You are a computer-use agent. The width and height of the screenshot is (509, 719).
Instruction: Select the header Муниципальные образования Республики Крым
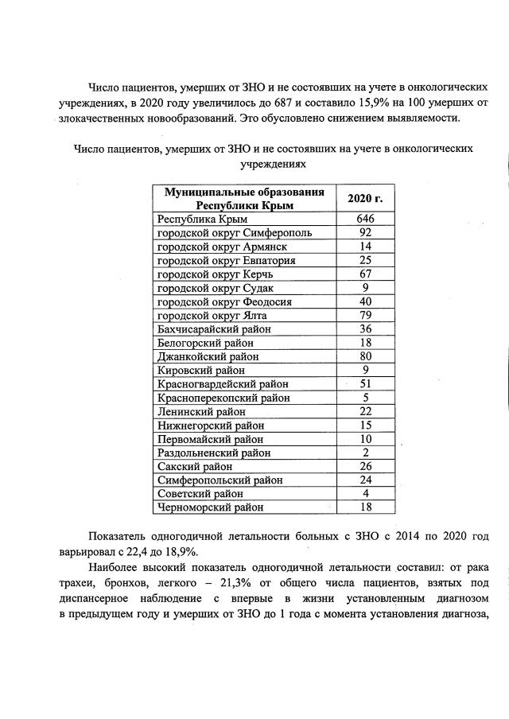(x=244, y=198)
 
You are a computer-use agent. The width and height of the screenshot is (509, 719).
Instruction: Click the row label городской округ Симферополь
(x=235, y=233)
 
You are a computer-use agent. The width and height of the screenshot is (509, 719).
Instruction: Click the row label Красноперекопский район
(x=223, y=398)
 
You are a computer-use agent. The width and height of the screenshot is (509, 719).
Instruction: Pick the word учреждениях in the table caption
(x=273, y=162)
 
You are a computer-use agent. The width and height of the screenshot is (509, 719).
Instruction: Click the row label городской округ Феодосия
(x=225, y=301)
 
